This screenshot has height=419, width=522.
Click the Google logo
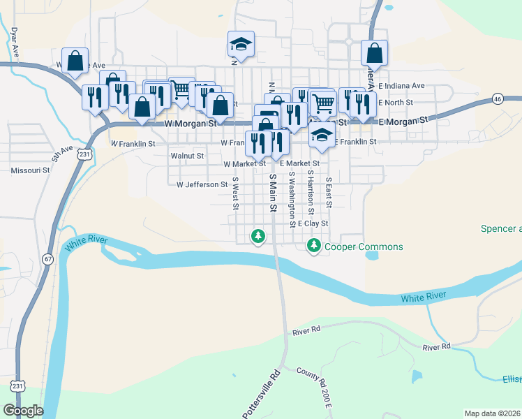pos(22,411)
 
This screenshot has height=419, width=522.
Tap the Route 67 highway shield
pos(47,258)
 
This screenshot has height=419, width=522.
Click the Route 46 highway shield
pos(497,98)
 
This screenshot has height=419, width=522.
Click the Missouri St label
pos(30,170)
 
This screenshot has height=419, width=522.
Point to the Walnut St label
pos(187,156)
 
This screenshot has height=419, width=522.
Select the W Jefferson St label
pos(202,185)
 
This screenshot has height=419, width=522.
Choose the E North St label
pos(396,102)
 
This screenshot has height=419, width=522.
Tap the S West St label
pos(236,193)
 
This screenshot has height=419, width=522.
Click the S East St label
pos(329,191)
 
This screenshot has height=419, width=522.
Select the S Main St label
pos(273,194)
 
